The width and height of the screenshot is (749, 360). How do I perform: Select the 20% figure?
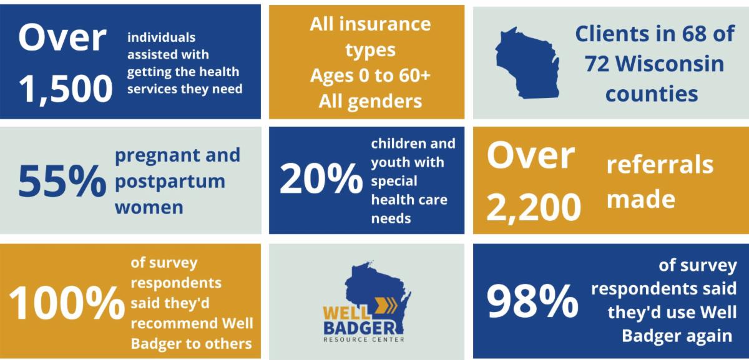320,180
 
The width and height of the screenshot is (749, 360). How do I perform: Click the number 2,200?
534,208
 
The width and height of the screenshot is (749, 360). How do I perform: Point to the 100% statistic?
67,304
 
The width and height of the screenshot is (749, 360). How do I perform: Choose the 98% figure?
532,301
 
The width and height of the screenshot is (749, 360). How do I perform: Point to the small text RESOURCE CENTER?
363,340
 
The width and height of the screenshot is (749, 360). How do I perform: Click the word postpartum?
169,182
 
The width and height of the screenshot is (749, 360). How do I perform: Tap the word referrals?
660,165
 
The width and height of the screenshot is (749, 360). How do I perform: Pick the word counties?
652,94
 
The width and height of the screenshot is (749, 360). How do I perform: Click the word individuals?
162,38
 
